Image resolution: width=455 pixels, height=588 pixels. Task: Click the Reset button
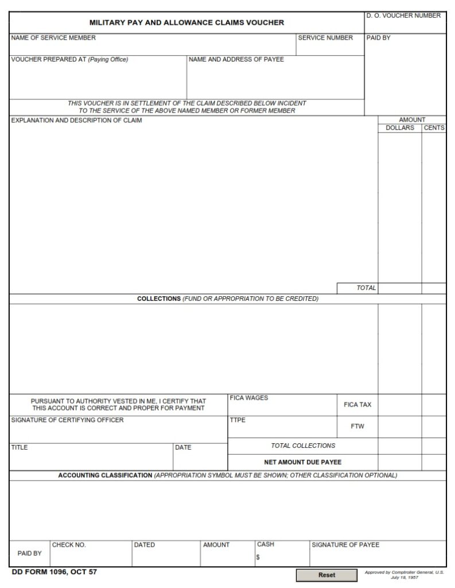coord(326,575)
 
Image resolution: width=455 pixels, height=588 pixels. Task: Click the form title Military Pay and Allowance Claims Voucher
coord(186,23)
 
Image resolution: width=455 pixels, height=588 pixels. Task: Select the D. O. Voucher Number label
coord(404,16)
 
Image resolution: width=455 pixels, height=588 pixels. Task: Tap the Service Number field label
coord(325,38)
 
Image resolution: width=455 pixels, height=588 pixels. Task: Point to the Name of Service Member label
coord(53,38)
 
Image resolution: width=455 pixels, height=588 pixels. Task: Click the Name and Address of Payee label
coord(236,60)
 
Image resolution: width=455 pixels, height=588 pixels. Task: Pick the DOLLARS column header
coord(399,127)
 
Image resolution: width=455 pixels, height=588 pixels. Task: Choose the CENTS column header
coord(434,127)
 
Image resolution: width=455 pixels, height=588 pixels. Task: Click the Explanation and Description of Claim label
coord(76,121)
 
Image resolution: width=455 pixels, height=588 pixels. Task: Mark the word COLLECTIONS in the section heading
coord(159,299)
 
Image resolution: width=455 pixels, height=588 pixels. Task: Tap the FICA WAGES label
coord(248,398)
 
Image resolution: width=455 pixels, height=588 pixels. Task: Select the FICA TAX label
coord(357,405)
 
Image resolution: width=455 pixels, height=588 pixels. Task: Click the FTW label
coord(357,427)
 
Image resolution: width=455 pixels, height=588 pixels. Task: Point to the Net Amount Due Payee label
coord(302,462)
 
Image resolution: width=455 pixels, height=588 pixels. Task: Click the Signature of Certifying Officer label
coord(67,420)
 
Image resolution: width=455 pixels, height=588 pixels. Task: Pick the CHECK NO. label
coord(69,545)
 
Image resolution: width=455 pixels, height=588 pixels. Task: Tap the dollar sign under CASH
coord(258,556)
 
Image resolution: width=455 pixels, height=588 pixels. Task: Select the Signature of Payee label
coord(345,545)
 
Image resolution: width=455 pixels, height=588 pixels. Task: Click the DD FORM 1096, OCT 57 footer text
coord(50,572)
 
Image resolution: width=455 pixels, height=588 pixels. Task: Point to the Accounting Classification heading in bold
coord(105,475)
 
